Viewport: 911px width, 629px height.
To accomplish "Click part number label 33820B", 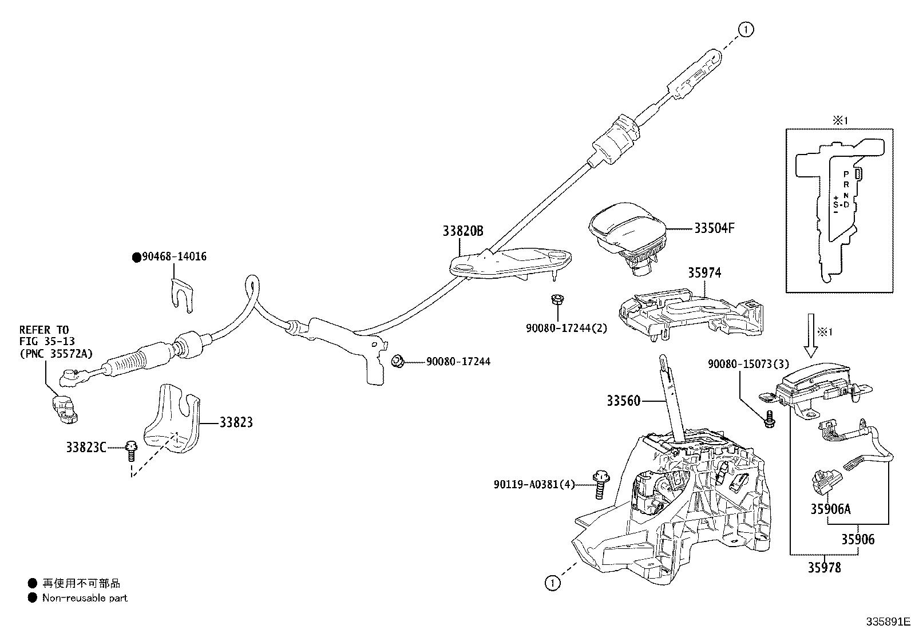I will point(462,231).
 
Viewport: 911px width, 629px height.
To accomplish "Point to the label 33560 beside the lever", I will point(623,401).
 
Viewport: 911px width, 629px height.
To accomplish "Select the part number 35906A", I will point(830,509).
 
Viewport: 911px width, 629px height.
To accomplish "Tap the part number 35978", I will point(824,567).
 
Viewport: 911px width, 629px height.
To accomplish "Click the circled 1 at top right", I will point(746,29).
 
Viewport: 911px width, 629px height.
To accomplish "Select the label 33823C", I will point(85,448).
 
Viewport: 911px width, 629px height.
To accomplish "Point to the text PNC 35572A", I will point(56,353).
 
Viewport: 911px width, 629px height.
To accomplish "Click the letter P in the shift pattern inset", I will point(846,174).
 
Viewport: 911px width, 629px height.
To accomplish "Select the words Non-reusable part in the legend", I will point(85,598).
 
